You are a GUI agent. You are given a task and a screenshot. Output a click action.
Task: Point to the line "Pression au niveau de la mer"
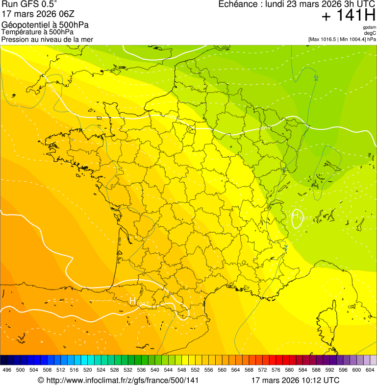coord(47,39)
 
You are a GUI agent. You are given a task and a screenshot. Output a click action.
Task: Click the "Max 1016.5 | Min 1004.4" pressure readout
coord(342,39)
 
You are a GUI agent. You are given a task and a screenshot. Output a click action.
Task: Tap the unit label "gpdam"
coord(369,27)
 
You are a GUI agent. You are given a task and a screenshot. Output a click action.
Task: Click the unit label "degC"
coord(370,33)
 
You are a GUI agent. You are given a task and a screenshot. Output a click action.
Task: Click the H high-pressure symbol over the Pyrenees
coord(132,301)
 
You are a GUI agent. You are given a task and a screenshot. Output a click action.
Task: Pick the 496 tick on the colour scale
coord(7,370)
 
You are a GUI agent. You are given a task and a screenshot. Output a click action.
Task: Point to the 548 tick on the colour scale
coord(182,370)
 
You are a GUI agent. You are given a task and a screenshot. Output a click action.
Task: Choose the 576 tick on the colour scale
coord(276,370)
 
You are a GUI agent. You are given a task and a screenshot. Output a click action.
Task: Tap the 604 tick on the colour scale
coord(370,370)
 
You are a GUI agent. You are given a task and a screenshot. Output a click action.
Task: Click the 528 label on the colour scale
coord(115,370)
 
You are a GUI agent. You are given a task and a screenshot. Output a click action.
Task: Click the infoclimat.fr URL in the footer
coord(118,380)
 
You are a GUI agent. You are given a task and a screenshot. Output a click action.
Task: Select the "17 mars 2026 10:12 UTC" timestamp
coord(295,380)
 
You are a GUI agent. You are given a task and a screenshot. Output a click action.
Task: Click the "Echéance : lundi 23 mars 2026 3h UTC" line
coord(297,4)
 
